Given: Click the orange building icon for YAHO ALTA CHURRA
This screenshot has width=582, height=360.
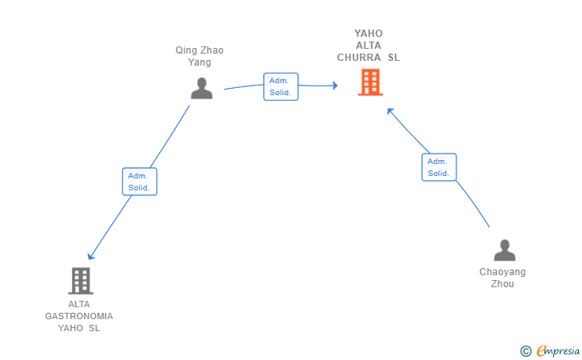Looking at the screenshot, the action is click(370, 82).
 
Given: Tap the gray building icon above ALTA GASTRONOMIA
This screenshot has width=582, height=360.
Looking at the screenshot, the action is click(81, 281).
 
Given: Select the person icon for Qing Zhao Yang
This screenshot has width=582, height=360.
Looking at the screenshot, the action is click(201, 88).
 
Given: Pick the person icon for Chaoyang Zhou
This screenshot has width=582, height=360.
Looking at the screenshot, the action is click(504, 250).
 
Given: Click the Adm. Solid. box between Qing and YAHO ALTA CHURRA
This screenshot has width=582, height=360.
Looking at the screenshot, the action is click(281, 86).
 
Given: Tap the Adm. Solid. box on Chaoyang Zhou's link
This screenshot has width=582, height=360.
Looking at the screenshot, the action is click(439, 167).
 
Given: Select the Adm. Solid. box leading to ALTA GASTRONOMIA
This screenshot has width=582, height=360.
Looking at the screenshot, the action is click(140, 182).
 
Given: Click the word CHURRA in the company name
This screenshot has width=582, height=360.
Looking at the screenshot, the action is click(359, 58).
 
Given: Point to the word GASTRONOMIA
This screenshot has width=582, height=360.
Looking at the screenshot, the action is click(79, 316).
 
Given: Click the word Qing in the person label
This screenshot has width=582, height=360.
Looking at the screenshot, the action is click(186, 50).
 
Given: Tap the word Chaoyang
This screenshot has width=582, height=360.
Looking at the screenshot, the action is click(503, 272).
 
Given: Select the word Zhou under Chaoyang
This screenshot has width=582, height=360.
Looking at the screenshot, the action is click(503, 284).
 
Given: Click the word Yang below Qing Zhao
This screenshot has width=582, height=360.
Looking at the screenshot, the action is click(200, 62).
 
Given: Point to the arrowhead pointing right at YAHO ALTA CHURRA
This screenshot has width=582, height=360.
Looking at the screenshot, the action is click(335, 86).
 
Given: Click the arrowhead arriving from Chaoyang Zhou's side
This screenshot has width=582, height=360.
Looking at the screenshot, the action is click(390, 110).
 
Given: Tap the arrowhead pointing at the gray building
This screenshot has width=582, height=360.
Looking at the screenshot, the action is click(90, 257).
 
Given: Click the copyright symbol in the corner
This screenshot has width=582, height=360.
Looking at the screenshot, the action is click(526, 351).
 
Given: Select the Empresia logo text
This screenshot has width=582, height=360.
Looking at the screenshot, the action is click(558, 350).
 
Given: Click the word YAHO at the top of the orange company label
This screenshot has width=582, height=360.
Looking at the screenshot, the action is click(369, 34).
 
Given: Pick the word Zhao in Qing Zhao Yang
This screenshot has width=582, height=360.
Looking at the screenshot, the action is click(212, 50).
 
